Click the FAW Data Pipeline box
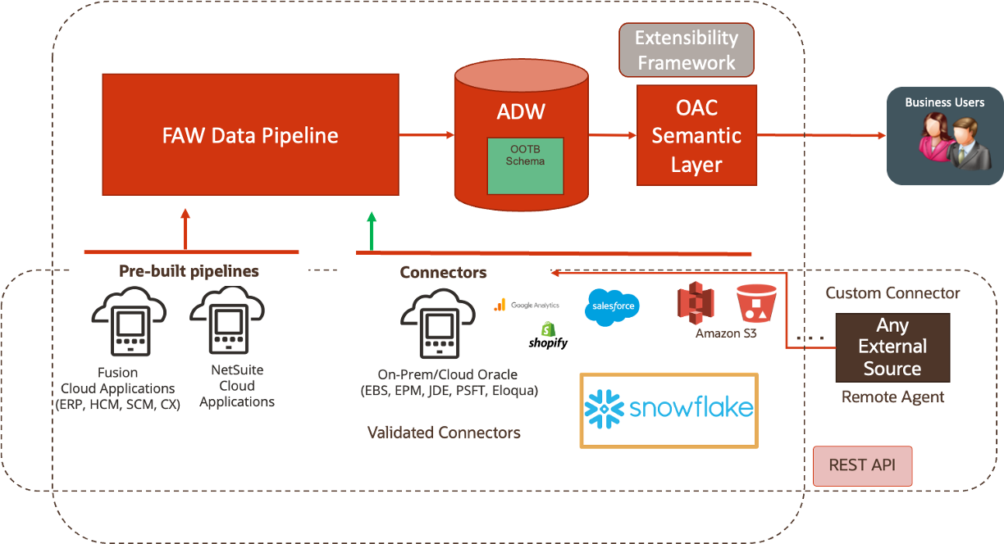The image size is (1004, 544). pyautogui.click(x=250, y=135)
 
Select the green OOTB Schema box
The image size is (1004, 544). pyautogui.click(x=524, y=165)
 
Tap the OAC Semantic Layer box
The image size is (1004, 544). pyautogui.click(x=696, y=136)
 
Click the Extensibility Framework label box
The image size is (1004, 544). pyautogui.click(x=687, y=50)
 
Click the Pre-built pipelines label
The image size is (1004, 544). pyautogui.click(x=189, y=271)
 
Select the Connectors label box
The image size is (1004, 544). pyautogui.click(x=443, y=273)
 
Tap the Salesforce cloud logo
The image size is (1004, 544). pyautogui.click(x=613, y=307)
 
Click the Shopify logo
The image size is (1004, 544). pyautogui.click(x=548, y=336)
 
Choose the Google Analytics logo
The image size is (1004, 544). pyautogui.click(x=526, y=305)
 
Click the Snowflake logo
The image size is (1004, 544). pyautogui.click(x=669, y=410)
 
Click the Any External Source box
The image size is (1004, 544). pyautogui.click(x=892, y=347)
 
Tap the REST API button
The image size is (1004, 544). pyautogui.click(x=862, y=465)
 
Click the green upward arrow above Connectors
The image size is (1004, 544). pyautogui.click(x=372, y=230)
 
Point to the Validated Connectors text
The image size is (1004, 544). pyautogui.click(x=444, y=433)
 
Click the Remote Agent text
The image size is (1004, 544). pyautogui.click(x=892, y=397)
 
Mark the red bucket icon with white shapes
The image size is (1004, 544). pyautogui.click(x=755, y=303)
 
